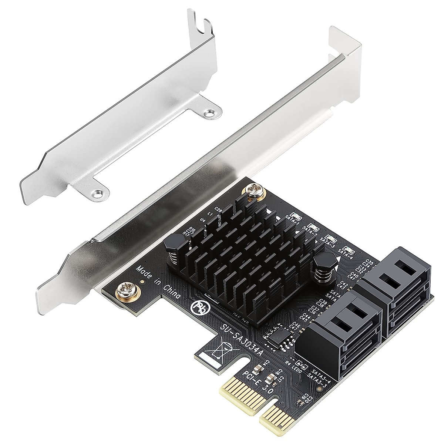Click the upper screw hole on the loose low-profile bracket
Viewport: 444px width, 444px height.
[x=211, y=110]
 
